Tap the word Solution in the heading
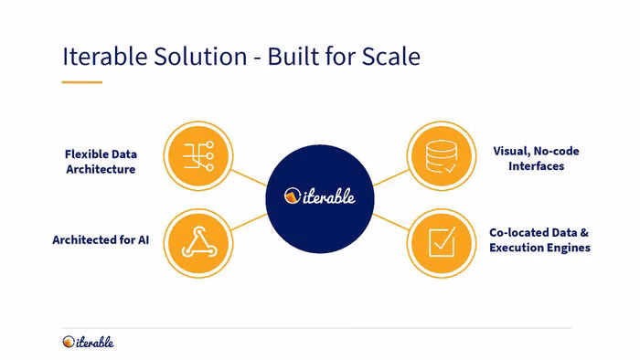pos(200,57)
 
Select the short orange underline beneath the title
pos(82,82)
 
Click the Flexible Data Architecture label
pos(101,162)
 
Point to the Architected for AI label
pos(101,239)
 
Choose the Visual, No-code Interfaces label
pos(536,159)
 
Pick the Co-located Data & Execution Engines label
pos(539,240)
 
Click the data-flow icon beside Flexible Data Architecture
pos(198,155)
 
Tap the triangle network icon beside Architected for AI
pos(198,242)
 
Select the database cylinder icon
pos(442,156)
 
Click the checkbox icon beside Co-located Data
pos(442,242)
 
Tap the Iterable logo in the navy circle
pos(320,196)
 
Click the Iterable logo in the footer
pos(88,342)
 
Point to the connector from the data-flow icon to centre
pos(249,178)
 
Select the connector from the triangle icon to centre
pos(249,222)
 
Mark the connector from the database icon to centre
pos(390,178)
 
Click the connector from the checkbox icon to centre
pos(390,222)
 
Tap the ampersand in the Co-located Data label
pos(584,233)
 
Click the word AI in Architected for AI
pos(144,239)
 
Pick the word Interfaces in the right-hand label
pos(537,166)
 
